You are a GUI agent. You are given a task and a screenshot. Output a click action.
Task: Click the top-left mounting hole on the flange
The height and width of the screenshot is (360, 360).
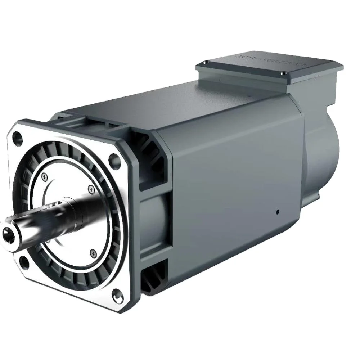pos(17,137)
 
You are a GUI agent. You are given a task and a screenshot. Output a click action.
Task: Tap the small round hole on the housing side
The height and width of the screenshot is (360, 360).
pos(278,212)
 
